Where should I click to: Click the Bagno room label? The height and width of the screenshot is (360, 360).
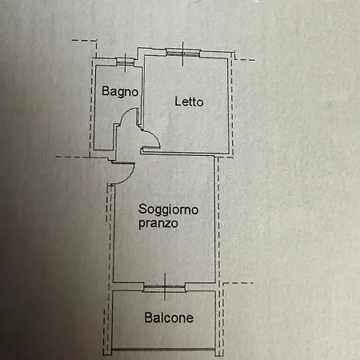tap(120, 91)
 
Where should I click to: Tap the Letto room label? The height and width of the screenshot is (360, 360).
tap(189, 102)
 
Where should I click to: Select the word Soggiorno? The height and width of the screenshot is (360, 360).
tap(168, 210)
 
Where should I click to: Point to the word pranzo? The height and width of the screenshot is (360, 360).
tap(158, 223)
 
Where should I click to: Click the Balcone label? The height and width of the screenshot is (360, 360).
tap(169, 318)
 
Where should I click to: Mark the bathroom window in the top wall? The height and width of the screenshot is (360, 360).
tap(125, 62)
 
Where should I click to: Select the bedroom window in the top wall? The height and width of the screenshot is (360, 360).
tap(183, 53)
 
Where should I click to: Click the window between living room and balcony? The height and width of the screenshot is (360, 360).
tap(165, 287)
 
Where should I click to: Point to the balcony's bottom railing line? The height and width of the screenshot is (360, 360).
tap(163, 349)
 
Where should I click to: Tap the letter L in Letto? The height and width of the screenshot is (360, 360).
tap(178, 101)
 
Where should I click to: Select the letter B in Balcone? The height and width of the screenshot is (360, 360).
tap(148, 318)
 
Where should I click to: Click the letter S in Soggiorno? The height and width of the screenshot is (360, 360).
tap(142, 209)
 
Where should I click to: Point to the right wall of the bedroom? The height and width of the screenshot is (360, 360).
tap(228, 106)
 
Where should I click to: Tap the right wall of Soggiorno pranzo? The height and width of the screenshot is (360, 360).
tap(214, 219)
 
